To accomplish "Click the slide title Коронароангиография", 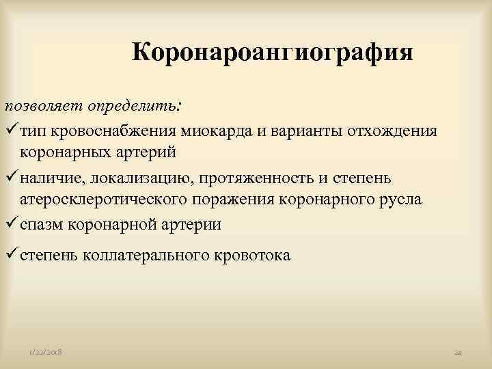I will coord(272,53).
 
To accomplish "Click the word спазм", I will coord(40,224).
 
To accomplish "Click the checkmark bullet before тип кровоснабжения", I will coord(11,129).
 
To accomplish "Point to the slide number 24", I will coord(459,352).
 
